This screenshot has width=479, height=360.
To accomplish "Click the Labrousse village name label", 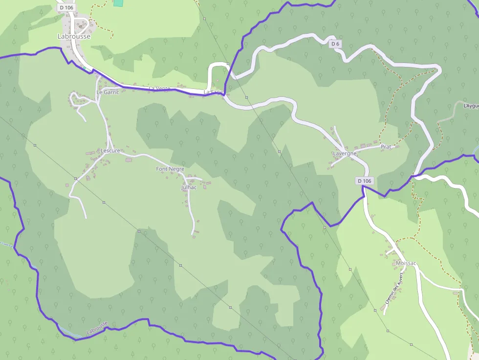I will pos(74,36).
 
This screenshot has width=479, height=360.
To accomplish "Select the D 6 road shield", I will pos(335,44).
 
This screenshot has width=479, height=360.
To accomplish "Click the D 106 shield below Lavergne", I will pos(364,181).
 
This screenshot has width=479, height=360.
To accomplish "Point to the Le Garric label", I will pos(108,92).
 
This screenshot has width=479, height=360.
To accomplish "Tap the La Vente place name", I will pos(160,88).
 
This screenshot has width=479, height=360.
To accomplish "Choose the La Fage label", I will pos(213,92).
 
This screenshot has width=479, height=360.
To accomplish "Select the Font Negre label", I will pos(170,169).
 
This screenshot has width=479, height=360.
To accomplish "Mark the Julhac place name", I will pos(189,187).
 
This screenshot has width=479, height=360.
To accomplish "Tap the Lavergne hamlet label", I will pos(345,153).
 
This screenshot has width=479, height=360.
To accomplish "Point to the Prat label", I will pos(386,147).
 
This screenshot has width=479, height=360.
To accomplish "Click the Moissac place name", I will pos(407,263).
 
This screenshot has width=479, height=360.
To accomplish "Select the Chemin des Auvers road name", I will pos(393,292).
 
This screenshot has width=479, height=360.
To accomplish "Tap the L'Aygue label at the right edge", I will pos(471,106).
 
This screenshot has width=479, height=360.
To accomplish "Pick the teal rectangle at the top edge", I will pos(118,2).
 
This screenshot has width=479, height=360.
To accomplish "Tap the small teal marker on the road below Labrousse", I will pos(84,68).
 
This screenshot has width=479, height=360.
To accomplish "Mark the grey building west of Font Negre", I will pos(129,160).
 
